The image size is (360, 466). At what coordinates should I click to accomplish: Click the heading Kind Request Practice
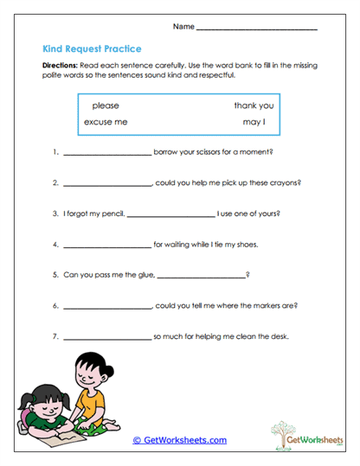coord(92,49)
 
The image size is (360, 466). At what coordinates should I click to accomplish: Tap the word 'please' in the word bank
coord(106,105)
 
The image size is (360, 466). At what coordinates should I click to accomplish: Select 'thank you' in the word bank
coord(254,105)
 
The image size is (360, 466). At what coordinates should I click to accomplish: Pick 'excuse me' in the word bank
coord(106,122)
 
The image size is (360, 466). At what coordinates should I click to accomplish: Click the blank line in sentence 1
coord(107,154)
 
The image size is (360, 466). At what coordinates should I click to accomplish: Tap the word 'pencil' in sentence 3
coord(112,214)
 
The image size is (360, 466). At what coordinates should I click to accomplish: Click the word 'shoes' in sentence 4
coord(246,245)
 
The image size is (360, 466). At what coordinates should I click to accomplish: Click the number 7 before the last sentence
coord(55,336)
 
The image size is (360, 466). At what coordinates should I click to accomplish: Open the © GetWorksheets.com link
coord(179,440)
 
